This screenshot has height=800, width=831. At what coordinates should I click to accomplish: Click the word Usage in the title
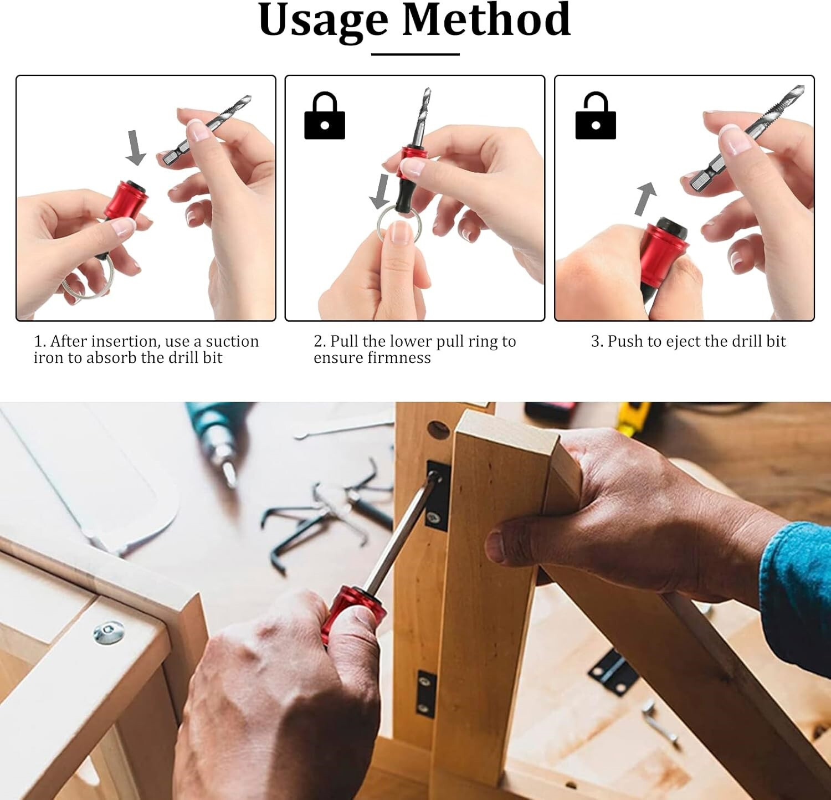click(x=323, y=21)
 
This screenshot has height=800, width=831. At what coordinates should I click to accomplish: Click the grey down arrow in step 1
click(x=135, y=147)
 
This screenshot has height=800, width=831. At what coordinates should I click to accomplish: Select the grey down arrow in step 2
click(x=380, y=191)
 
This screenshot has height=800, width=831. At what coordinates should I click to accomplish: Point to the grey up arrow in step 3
click(x=645, y=198)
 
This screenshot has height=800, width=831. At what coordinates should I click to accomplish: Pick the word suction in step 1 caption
click(x=232, y=341)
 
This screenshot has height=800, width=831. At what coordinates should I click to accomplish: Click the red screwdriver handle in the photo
click(x=354, y=614)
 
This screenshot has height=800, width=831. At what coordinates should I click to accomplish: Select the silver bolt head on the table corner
click(x=109, y=632)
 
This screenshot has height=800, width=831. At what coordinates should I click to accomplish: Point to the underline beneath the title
click(x=415, y=54)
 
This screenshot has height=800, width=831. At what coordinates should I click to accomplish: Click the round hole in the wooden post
click(x=439, y=429)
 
